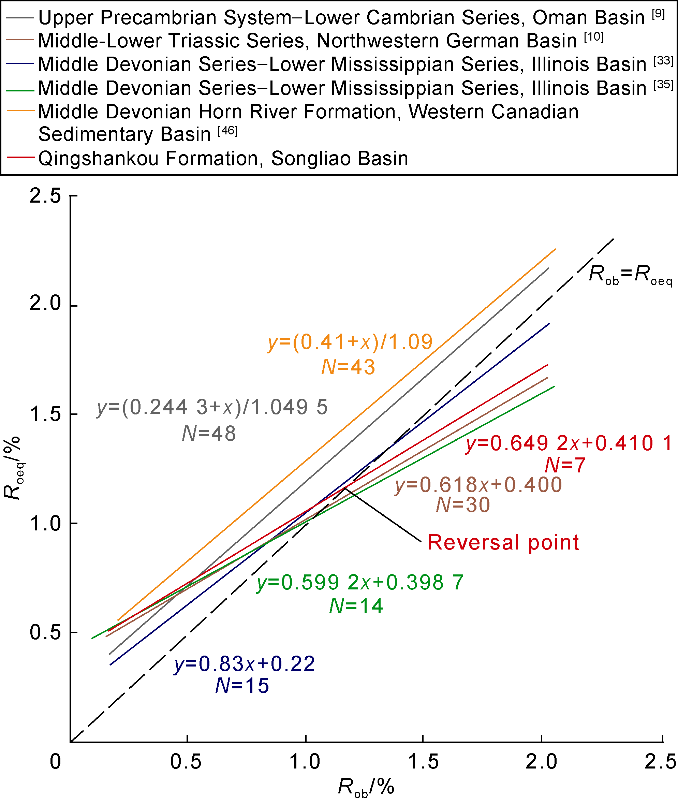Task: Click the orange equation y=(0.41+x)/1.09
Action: [350, 342]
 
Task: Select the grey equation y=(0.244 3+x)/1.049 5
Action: [212, 407]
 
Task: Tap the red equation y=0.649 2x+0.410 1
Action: [569, 443]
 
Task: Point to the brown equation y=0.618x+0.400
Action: [478, 485]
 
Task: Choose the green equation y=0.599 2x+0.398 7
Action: [360, 582]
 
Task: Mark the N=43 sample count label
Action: [348, 367]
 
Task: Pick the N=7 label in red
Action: [565, 465]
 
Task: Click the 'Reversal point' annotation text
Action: [503, 542]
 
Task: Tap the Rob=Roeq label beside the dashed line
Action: [630, 275]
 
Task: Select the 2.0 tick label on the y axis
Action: [45, 303]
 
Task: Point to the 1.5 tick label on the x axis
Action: [423, 762]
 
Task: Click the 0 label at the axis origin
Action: [55, 762]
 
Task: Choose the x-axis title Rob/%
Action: [366, 787]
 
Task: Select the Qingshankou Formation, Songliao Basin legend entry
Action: [223, 158]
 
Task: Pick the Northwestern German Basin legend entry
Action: [308, 41]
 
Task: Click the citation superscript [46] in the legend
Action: [227, 131]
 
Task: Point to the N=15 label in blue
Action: [242, 686]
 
